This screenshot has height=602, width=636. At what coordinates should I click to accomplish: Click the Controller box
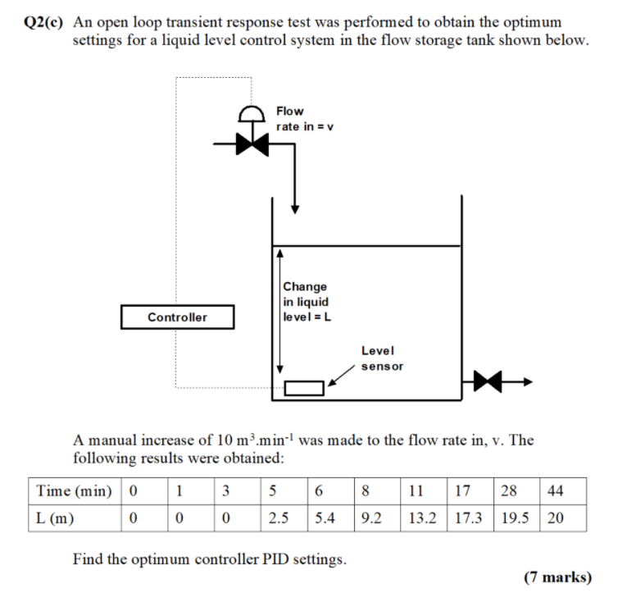pyautogui.click(x=177, y=317)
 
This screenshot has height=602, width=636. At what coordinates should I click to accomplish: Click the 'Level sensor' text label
pyautogui.click(x=382, y=358)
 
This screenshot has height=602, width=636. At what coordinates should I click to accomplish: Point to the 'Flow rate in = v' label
pyautogui.click(x=303, y=118)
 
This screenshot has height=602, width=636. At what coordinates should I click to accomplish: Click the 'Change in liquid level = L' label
pyautogui.click(x=305, y=302)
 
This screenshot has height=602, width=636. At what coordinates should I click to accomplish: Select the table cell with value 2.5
pyautogui.click(x=279, y=518)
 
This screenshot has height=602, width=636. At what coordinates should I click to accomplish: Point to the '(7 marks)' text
pyautogui.click(x=557, y=577)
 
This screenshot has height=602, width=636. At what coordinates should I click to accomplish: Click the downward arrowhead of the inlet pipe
pyautogui.click(x=295, y=208)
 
